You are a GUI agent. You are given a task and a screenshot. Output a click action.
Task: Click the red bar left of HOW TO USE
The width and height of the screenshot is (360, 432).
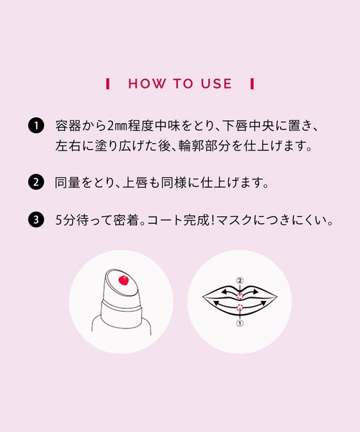click(108, 84)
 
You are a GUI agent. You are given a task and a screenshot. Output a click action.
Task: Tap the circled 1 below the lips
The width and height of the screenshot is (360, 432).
click(240, 324)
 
